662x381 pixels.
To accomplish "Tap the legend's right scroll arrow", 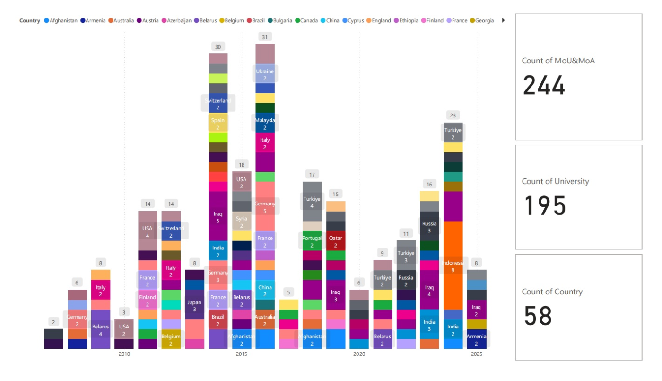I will click(x=503, y=20).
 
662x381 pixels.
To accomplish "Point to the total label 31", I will click(x=265, y=37).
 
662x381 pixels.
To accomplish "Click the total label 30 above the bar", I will click(x=218, y=47).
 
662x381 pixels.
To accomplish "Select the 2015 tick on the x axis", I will click(x=242, y=354).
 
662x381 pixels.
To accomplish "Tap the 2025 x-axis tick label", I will click(x=477, y=354).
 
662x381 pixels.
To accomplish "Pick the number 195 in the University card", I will click(x=545, y=206).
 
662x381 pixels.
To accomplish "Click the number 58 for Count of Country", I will click(x=538, y=316).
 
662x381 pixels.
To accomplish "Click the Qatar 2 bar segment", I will click(x=336, y=241).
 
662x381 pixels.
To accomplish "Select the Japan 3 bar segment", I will click(x=194, y=305).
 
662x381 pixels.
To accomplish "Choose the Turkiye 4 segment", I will click(x=312, y=202).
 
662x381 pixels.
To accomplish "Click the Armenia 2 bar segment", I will click(x=477, y=339).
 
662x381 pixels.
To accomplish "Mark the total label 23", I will click(x=453, y=115).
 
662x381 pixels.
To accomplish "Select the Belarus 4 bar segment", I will click(x=101, y=329).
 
